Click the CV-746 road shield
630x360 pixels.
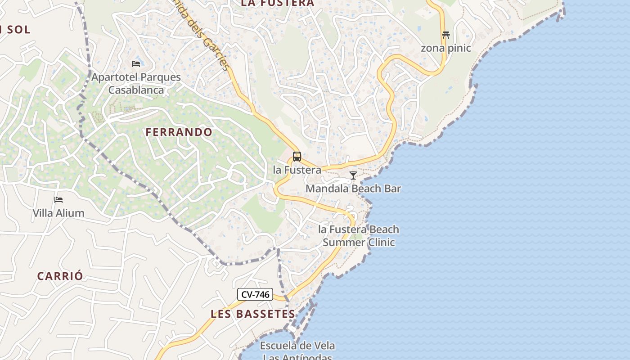pos(255,295)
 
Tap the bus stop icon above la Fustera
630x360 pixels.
pos(297,157)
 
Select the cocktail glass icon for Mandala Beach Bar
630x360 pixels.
pos(353,175)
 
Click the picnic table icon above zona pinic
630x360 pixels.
pos(445,35)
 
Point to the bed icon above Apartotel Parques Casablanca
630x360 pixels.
pos(135,63)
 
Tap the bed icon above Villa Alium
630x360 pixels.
pos(58,199)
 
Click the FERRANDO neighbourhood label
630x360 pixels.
pos(179,132)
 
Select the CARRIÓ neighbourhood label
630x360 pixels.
pos(60,276)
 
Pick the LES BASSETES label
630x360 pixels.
pos(253,314)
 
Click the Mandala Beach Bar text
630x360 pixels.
pos(353,189)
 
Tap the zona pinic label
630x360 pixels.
pos(445,48)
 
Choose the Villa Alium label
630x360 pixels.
pos(58,213)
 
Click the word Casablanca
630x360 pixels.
pos(136,90)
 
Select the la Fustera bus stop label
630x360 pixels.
pos(297,170)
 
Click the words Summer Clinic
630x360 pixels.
pos(359,243)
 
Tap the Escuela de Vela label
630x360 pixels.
pos(297,346)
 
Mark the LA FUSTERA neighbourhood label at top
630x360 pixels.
pos(277,4)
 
